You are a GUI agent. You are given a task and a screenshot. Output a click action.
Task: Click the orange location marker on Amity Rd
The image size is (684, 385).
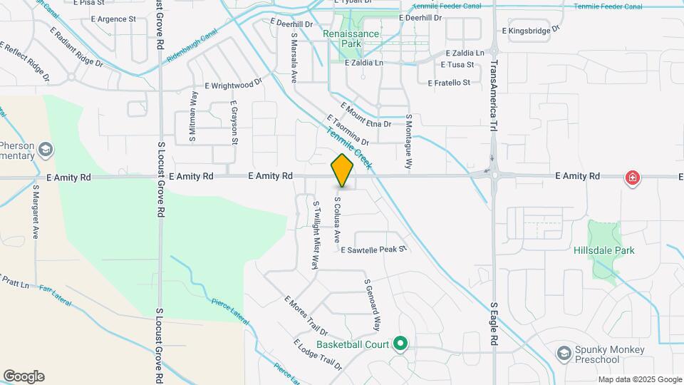coord(343,170)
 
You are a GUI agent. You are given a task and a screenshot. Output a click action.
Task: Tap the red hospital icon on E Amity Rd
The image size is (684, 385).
coord(631,178)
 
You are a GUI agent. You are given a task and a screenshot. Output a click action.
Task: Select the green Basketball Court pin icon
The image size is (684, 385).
coord(400,344)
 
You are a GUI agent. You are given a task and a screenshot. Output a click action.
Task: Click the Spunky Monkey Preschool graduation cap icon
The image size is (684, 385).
coord(564,354)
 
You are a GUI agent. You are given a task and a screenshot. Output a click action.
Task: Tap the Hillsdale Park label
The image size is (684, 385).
coord(604,250)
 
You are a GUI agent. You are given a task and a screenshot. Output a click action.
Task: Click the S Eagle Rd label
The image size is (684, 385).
coord(493,325)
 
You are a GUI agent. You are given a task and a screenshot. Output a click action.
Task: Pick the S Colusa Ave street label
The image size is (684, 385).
coord(337,218)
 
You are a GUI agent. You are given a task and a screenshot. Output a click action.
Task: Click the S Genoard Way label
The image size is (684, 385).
coord(371,304)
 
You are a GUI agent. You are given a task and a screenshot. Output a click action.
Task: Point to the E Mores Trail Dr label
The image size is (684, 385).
coord(305,316)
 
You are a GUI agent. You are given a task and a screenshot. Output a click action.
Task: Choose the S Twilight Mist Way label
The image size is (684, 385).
coord(316,234)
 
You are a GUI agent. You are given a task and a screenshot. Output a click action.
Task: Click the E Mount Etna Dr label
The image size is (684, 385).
coord(366,115)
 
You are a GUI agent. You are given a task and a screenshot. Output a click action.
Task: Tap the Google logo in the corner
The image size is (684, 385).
coord(24,376)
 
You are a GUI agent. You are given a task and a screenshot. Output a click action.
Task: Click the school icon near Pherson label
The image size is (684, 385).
coord(46,149)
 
